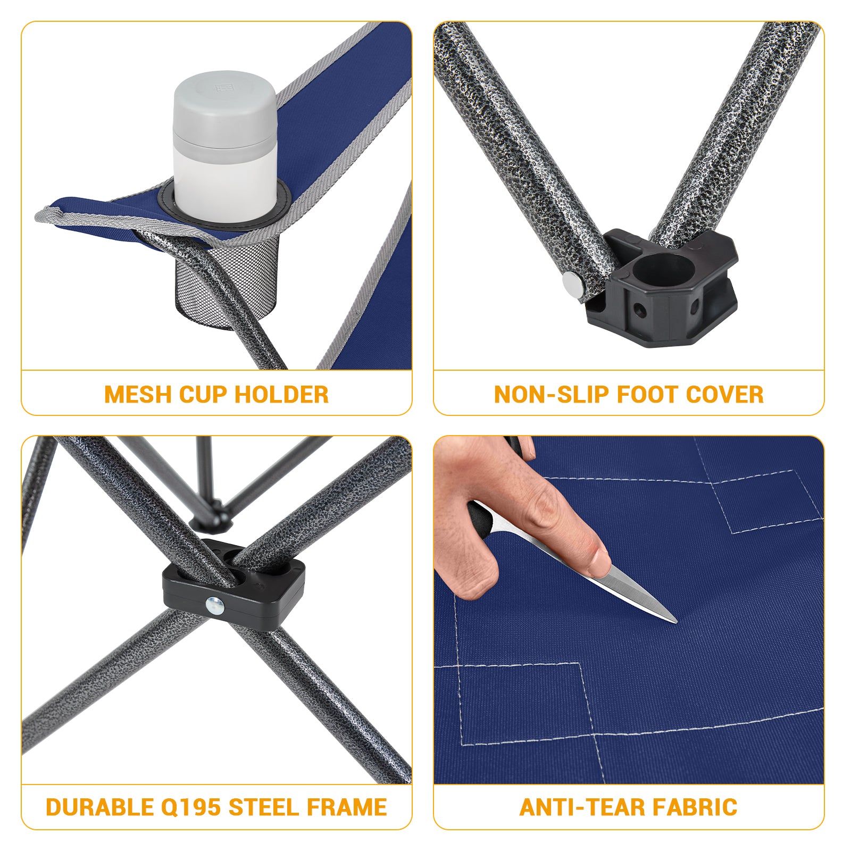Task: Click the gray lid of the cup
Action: click(224, 106)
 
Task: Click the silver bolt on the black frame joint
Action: click(215, 604)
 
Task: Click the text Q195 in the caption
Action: click(190, 807)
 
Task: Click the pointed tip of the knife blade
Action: click(674, 621)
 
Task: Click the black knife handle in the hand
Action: click(480, 517)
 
